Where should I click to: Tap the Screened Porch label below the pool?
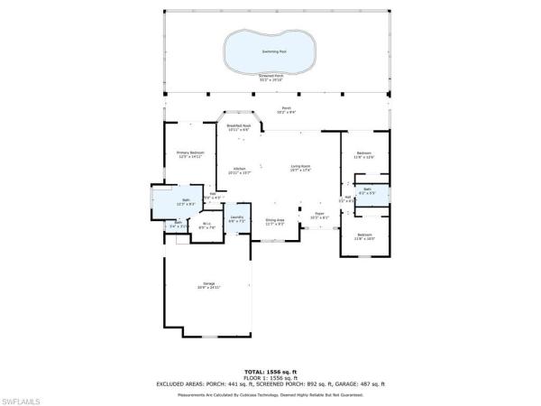(270, 77)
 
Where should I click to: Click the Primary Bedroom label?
(190, 154)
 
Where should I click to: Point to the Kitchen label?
(239, 170)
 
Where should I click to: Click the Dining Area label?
(275, 220)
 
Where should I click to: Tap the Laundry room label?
(236, 218)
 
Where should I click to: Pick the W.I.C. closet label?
(206, 226)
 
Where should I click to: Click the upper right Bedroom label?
(364, 154)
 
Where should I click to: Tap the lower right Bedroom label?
(364, 236)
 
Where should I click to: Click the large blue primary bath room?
(185, 201)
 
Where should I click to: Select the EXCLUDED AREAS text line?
(270, 383)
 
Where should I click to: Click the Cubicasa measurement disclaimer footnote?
(270, 393)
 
